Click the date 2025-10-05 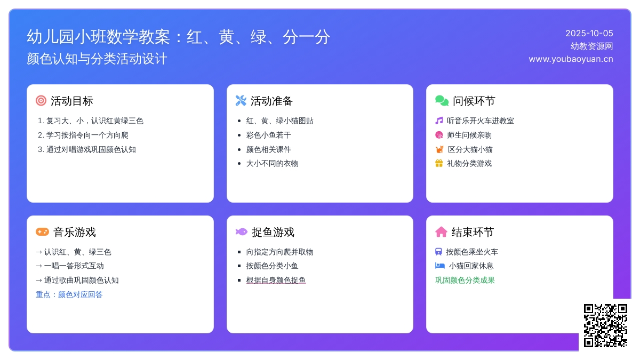click(589, 34)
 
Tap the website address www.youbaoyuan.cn click(571, 59)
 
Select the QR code click(605, 325)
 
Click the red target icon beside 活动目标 click(41, 101)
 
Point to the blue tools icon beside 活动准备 click(241, 101)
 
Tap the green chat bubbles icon click(442, 101)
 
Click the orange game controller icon click(42, 231)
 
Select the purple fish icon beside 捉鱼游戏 click(242, 231)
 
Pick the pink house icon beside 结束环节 click(441, 231)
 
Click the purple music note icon click(439, 121)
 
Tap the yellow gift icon click(439, 163)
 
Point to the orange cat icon click(439, 149)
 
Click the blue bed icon click(439, 266)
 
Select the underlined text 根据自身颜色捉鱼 click(276, 280)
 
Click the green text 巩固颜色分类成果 click(465, 280)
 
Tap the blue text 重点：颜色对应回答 click(69, 294)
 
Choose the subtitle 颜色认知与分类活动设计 click(97, 59)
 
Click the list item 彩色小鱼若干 click(269, 135)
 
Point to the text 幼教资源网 click(591, 46)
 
